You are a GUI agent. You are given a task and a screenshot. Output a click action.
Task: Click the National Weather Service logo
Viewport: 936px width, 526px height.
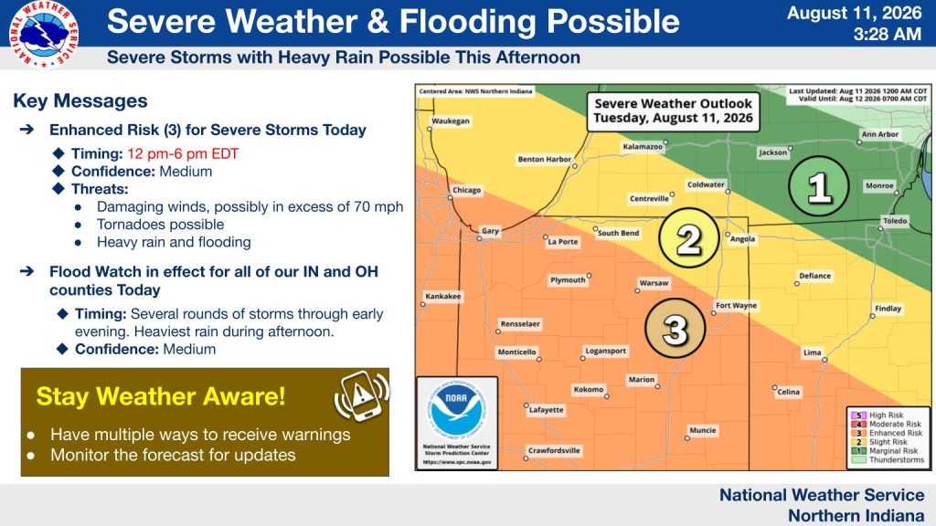44,34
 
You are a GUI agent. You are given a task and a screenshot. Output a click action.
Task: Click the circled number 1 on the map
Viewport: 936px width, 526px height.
818,186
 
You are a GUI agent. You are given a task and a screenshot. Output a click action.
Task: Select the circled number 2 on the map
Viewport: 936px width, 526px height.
689,238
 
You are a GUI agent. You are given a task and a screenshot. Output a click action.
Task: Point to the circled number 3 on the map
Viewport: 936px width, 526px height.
675,328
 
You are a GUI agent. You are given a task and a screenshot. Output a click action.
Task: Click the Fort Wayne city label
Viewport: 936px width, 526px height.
736,305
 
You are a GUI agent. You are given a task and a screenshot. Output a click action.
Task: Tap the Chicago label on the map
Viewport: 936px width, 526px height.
466,190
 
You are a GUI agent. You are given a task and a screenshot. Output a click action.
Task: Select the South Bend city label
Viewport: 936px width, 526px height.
619,233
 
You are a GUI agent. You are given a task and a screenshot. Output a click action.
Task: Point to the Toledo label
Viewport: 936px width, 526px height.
895,221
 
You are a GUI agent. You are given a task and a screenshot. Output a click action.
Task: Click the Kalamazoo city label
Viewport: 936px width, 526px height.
643,146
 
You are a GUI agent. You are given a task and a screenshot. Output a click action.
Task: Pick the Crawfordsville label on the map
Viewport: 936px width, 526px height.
554,450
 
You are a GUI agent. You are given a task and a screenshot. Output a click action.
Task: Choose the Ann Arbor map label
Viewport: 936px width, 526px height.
880,134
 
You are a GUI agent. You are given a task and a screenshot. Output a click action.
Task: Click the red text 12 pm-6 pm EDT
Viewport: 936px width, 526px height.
183,153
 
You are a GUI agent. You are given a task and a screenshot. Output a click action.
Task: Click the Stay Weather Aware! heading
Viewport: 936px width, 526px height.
161,396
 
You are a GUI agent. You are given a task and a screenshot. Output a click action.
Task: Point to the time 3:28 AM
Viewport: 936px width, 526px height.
887,34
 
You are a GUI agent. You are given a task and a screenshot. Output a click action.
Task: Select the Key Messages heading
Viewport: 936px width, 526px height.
80,100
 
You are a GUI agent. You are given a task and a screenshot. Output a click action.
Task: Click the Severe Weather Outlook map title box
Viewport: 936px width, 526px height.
673,110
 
